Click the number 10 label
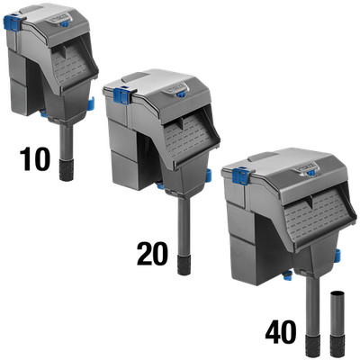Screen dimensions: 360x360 pos(34,160)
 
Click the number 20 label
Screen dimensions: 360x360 pos(152,254)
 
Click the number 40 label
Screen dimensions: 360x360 pos(281,332)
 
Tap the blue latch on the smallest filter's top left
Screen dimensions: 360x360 pos(11,22)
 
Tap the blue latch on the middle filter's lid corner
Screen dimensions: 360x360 pos(121,95)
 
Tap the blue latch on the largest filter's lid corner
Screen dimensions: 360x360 pos(240,175)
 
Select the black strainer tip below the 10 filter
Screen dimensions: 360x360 pos(67,170)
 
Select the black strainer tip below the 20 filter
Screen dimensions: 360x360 pos(184,265)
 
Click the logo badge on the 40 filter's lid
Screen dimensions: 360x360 pos(306,166)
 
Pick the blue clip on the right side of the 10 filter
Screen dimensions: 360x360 pos(91,103)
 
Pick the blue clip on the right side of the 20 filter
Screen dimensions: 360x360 pos(209,175)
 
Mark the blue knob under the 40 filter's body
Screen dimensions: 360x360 pos(288,274)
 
